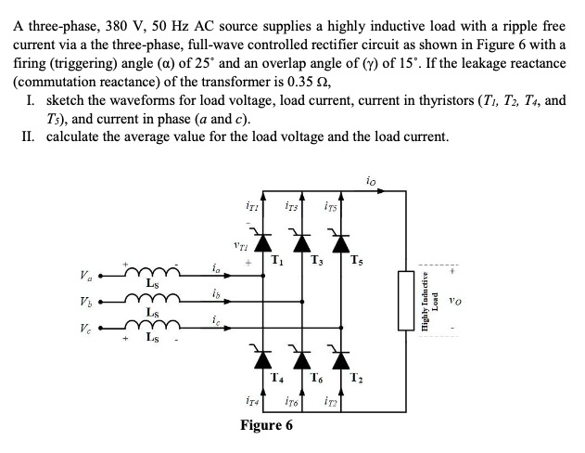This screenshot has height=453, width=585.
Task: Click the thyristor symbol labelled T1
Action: click(x=255, y=244)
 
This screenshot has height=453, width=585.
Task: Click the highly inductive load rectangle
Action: click(x=405, y=300)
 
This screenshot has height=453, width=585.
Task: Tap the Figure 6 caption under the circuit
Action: click(x=266, y=425)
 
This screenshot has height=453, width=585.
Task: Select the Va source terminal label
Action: click(x=84, y=274)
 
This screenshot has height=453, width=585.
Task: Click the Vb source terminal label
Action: click(x=84, y=303)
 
